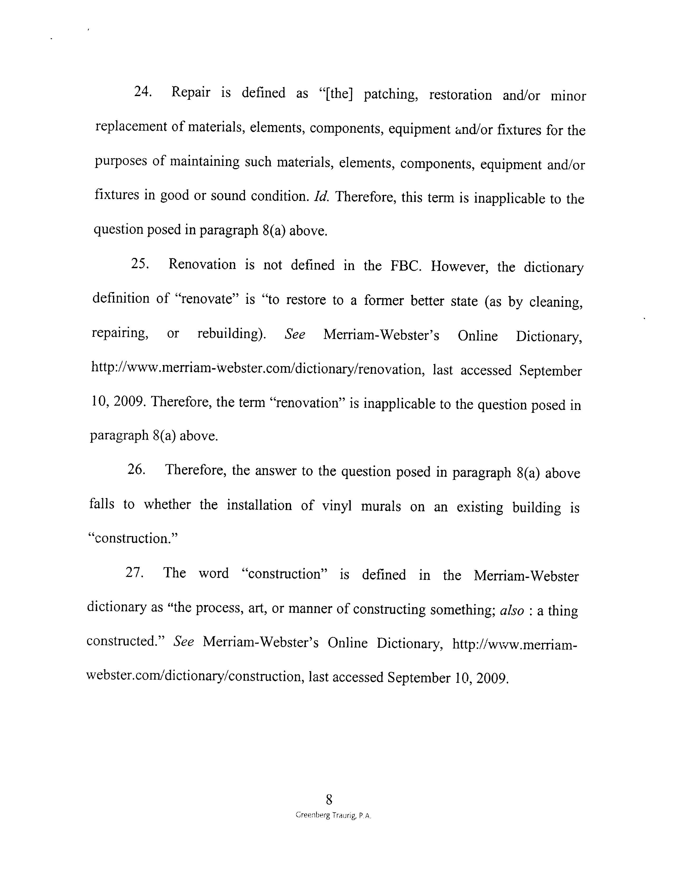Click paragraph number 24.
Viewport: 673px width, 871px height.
coord(142,92)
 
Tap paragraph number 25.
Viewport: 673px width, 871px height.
coord(140,264)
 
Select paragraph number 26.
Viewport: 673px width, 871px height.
coord(136,470)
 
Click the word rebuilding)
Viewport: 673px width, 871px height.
coord(232,333)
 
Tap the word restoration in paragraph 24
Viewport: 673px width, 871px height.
coord(460,95)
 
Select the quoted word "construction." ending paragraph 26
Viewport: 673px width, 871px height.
coord(132,538)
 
